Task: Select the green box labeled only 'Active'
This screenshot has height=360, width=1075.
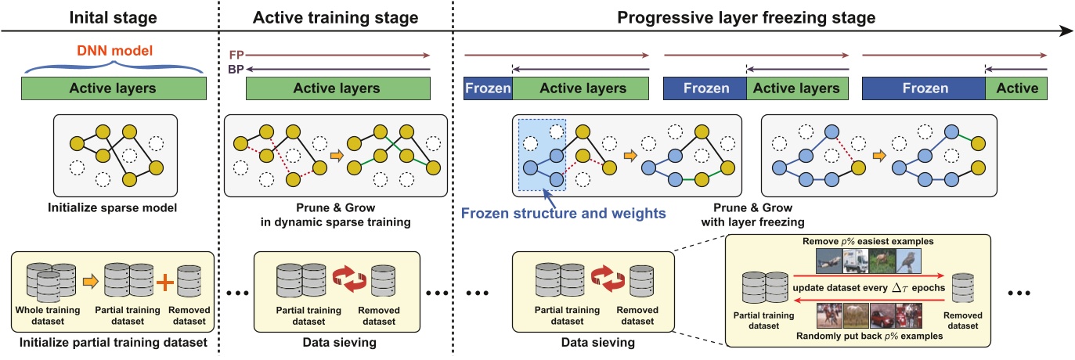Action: pos(1017,88)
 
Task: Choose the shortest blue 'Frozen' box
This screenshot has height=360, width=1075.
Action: pos(488,88)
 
